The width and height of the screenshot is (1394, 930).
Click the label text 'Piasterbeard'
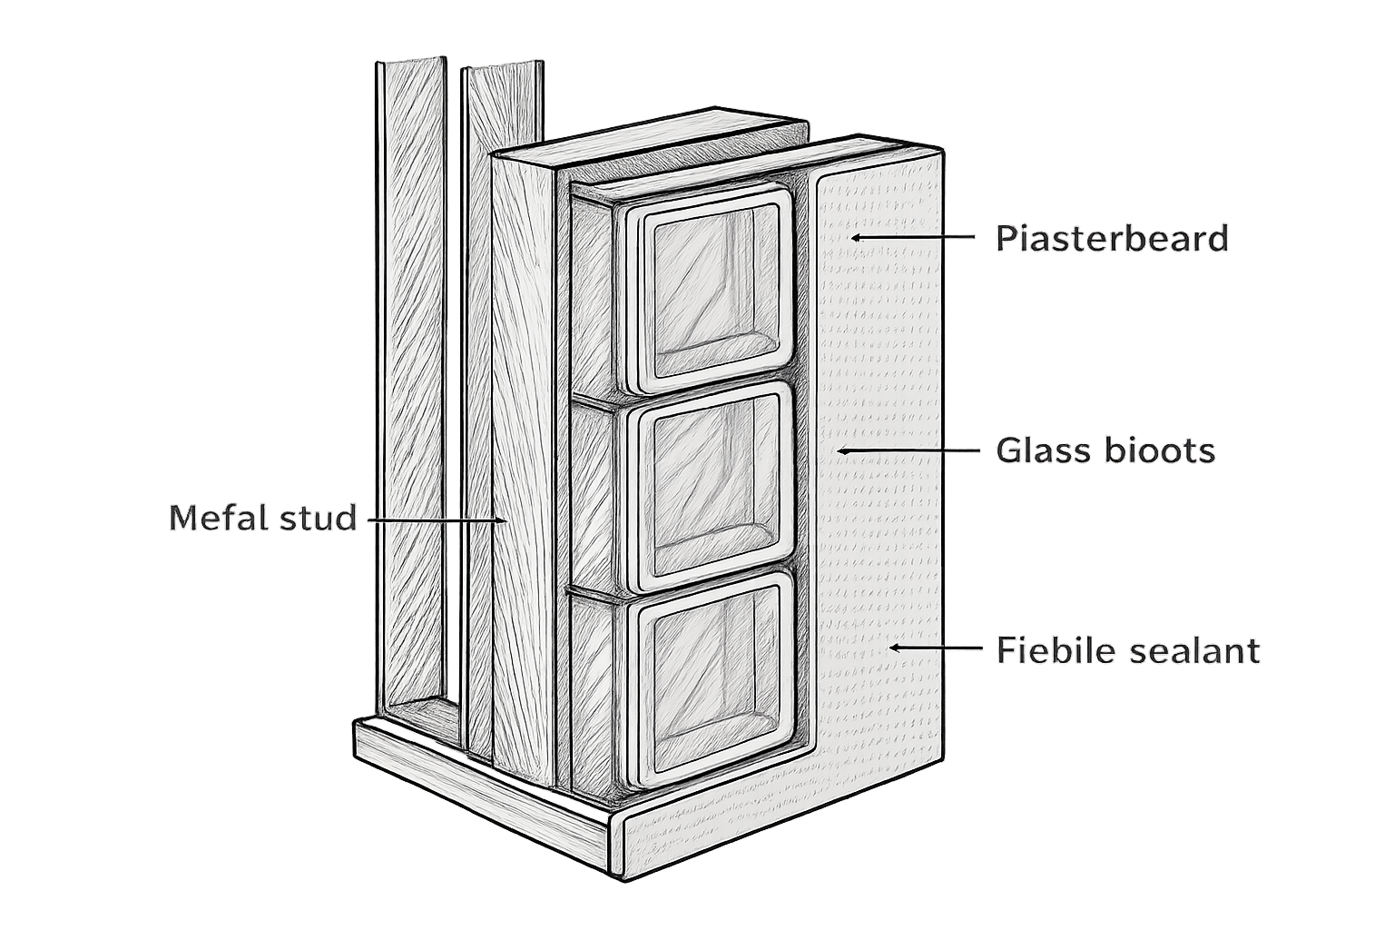click(1112, 238)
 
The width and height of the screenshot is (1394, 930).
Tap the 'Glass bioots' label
click(1105, 450)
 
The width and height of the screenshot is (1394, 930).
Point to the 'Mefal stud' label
click(262, 519)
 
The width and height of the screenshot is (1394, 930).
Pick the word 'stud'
click(318, 519)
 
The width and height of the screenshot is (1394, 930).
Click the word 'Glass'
click(1045, 450)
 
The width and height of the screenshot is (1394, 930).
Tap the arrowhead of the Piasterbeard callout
click(856, 237)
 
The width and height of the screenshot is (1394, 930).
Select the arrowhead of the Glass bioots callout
click(841, 450)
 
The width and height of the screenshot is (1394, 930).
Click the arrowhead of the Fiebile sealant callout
click(894, 648)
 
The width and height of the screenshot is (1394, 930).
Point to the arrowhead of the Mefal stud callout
click(501, 519)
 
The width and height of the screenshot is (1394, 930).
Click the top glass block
click(710, 290)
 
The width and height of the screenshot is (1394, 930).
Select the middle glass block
click(711, 487)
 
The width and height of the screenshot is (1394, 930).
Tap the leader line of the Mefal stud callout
click(435, 519)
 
